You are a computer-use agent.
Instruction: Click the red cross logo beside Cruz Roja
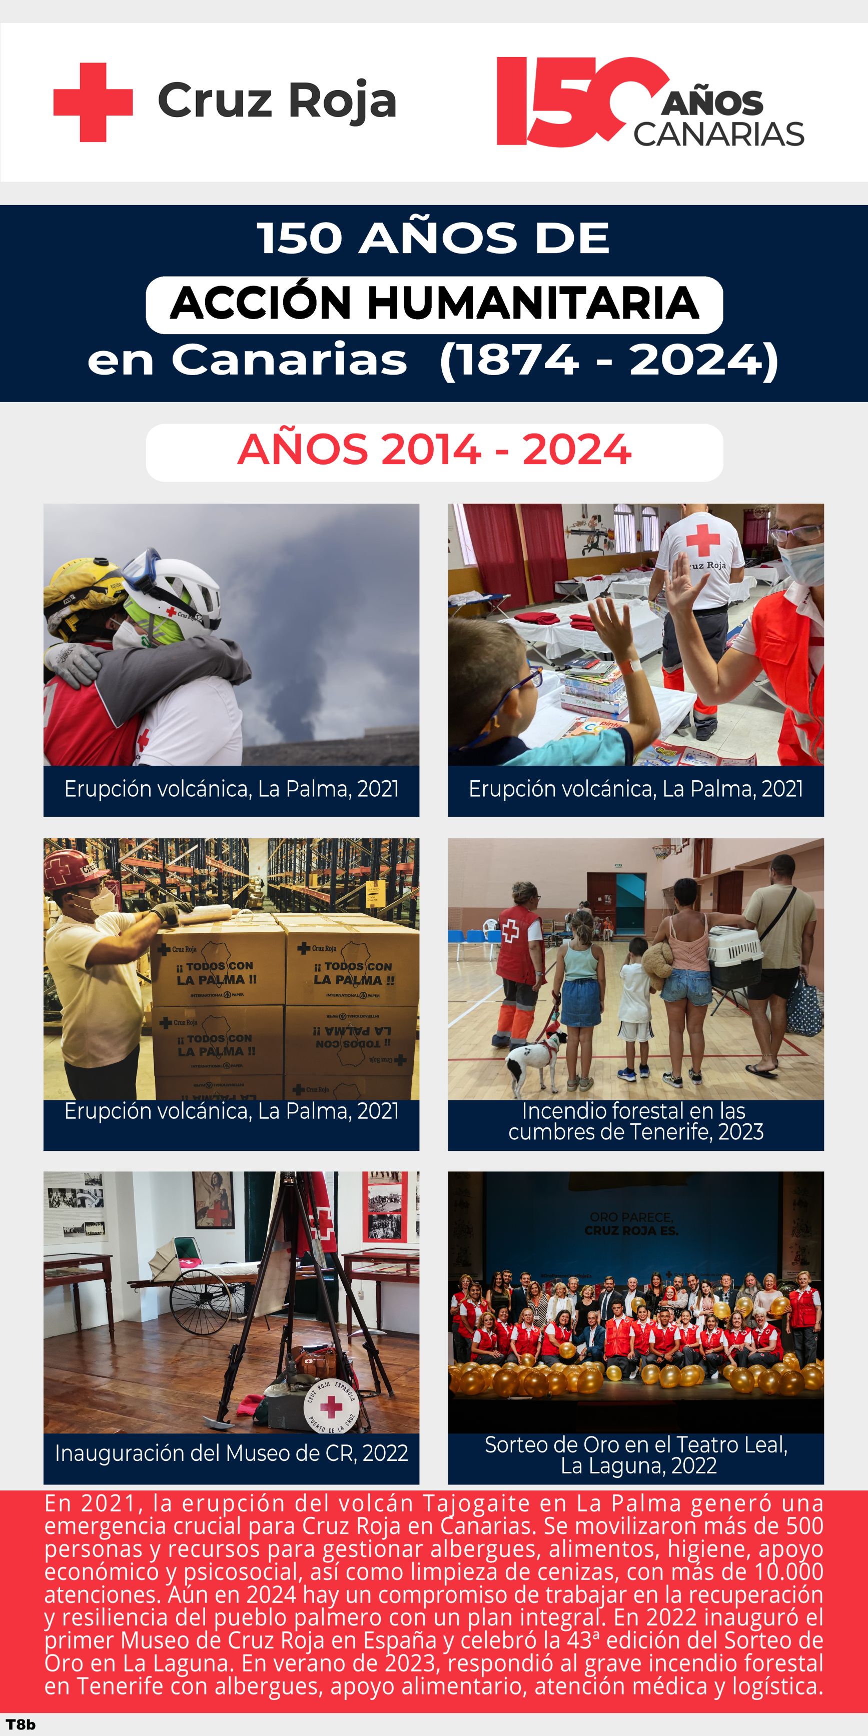pos(93,103)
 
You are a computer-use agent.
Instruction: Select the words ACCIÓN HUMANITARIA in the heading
pos(434,304)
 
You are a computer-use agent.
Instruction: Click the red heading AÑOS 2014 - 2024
pos(434,450)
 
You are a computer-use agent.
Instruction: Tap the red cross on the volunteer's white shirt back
pos(703,539)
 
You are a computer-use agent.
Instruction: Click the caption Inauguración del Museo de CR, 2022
pos(231,1453)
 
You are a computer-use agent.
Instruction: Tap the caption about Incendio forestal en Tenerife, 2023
pos(635,1121)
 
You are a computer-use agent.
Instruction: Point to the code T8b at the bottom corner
pos(20,1724)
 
